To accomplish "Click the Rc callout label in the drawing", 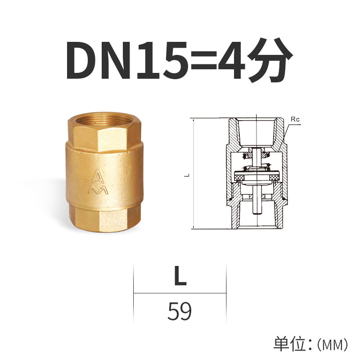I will (295, 120).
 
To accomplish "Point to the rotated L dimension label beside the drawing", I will (186, 175).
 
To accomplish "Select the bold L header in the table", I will (180, 277).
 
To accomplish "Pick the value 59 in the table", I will (180, 311).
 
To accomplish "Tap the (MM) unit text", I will (333, 345).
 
